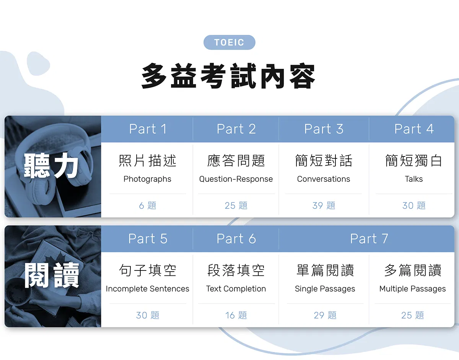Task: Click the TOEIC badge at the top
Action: (x=229, y=42)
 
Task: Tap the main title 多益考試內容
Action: (x=228, y=76)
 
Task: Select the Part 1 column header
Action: (x=148, y=129)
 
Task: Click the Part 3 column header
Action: (x=324, y=129)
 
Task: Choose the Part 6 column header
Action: (x=236, y=238)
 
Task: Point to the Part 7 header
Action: (x=369, y=238)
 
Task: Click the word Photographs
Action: (x=147, y=179)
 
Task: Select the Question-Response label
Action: (x=236, y=179)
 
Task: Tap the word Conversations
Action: (x=323, y=179)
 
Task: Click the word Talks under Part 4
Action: (x=413, y=179)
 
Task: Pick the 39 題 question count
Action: (x=324, y=205)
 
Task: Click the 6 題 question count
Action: (x=147, y=205)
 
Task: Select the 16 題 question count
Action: (x=236, y=315)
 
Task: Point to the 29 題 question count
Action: (x=325, y=315)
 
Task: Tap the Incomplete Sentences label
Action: (x=147, y=289)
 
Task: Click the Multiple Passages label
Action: (x=412, y=289)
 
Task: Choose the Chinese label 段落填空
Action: (x=236, y=270)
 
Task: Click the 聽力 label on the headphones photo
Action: (x=51, y=165)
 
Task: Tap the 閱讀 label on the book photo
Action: (x=52, y=275)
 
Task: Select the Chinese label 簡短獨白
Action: (x=413, y=161)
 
